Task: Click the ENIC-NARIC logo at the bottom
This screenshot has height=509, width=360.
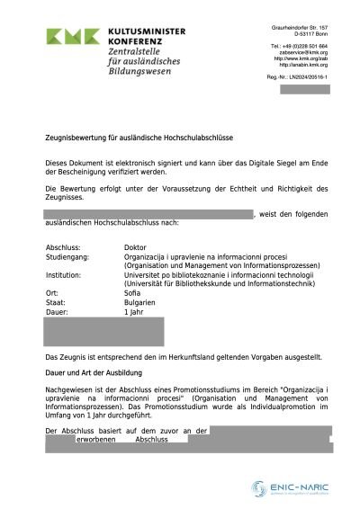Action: click(x=290, y=488)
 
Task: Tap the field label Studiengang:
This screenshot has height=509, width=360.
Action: click(x=68, y=256)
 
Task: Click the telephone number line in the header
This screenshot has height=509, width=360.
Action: click(x=299, y=46)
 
